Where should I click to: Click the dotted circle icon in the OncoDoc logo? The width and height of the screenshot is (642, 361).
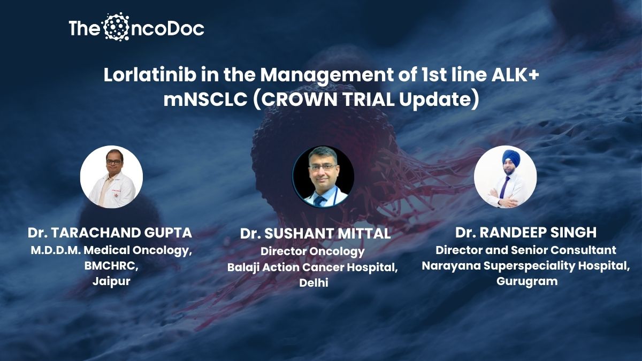(x=116, y=27)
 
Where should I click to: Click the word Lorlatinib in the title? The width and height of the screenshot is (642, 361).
(x=150, y=75)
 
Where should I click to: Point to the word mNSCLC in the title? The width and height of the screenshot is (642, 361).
(x=205, y=99)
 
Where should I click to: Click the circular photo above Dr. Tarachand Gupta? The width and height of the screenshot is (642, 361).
(x=111, y=177)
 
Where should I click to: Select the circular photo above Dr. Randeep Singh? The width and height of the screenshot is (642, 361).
(x=505, y=177)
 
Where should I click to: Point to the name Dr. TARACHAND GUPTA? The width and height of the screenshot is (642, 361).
(x=110, y=233)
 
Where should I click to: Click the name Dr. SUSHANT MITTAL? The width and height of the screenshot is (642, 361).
(x=315, y=234)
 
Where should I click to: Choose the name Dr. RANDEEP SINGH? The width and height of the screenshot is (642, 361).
(x=526, y=232)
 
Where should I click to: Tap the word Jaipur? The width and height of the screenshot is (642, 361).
(x=111, y=281)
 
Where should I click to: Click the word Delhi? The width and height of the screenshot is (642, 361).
(x=314, y=283)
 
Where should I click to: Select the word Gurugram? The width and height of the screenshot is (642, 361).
(x=527, y=281)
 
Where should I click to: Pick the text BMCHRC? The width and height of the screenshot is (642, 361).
(x=111, y=266)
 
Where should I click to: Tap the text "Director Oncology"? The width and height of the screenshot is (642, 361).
(x=312, y=251)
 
